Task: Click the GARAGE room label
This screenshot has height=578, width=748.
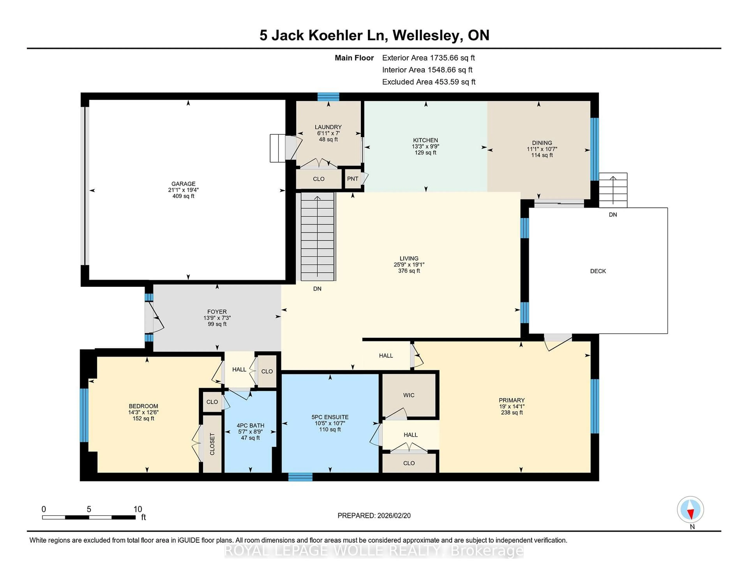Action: pos(183,184)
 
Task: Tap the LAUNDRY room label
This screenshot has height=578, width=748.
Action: pos(328,127)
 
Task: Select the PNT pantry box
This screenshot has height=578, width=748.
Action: pos(352,179)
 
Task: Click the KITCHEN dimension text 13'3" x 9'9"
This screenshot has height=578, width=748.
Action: pos(425,146)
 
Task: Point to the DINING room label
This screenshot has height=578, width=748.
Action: pos(542,143)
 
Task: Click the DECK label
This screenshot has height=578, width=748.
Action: pos(598,271)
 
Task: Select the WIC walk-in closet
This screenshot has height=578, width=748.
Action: pos(409,395)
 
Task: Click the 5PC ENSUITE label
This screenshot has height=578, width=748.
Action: pos(330,417)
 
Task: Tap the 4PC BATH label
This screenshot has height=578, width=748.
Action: pos(250,426)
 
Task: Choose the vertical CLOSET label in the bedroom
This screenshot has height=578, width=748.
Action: pos(212,444)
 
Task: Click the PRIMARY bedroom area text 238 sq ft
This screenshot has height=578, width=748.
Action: pos(512,413)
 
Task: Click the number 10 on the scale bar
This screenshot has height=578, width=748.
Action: pos(138,509)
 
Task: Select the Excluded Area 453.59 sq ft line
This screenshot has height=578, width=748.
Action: pos(429,82)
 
